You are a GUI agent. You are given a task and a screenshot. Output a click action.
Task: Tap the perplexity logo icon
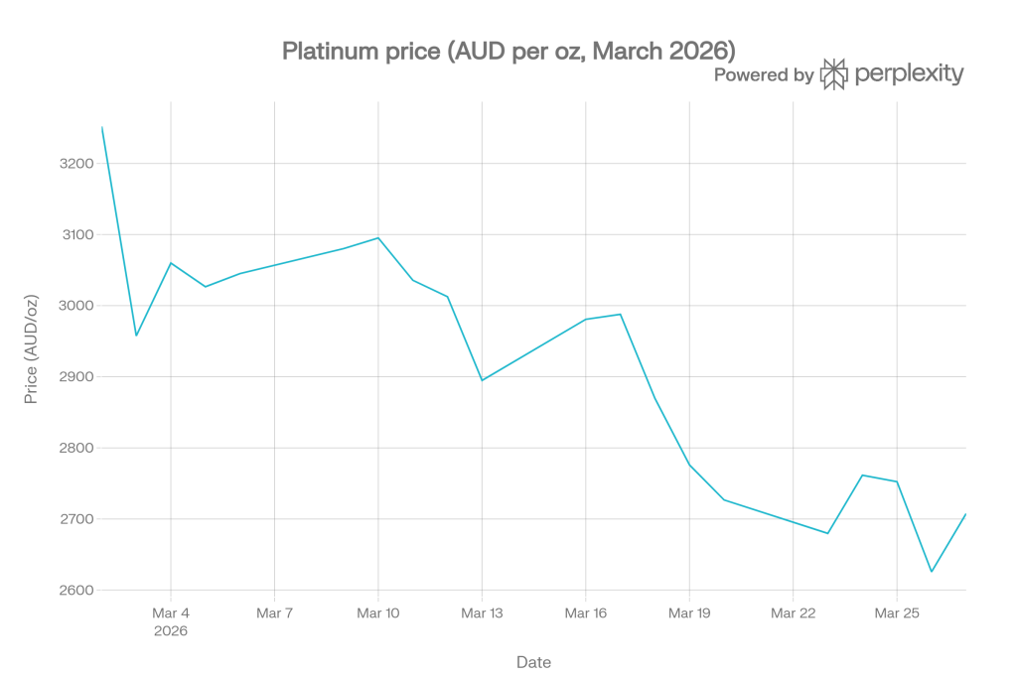coord(833,73)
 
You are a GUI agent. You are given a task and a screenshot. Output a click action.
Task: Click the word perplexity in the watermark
coord(910,73)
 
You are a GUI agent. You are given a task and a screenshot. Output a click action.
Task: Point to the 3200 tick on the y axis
coord(76,164)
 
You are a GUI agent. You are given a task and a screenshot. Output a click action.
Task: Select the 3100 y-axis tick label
coord(77,234)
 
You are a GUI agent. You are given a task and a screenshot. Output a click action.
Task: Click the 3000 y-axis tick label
coord(76,306)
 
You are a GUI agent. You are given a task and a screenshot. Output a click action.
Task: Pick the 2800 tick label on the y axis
coord(76,448)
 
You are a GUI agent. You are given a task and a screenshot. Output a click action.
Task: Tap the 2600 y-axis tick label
coord(76,591)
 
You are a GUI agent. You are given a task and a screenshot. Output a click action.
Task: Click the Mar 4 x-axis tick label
coord(171,613)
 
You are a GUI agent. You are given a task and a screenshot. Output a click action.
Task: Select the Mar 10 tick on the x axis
coord(378,613)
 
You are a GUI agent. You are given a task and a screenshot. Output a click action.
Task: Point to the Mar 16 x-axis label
coord(586,613)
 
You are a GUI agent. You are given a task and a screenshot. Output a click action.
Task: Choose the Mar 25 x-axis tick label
coord(897,613)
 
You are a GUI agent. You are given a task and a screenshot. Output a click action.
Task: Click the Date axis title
coord(533,662)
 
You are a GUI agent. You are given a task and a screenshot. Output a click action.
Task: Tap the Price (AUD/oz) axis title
coord(31,349)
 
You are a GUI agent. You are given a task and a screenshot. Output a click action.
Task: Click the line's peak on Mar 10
coord(378,238)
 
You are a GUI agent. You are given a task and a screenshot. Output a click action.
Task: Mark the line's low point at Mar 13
coord(482,380)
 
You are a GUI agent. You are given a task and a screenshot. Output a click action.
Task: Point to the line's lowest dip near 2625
coord(932,571)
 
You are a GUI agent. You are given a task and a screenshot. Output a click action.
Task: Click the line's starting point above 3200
coord(102,127)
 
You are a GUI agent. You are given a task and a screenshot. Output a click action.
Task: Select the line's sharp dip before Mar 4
coord(136,336)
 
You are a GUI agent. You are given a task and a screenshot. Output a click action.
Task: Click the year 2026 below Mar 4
coord(171,631)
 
